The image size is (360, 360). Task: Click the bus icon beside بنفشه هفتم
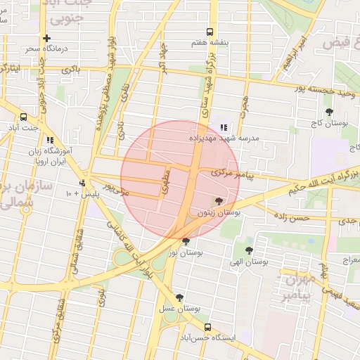click(210, 32)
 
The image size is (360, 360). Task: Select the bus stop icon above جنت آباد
click(23, 117)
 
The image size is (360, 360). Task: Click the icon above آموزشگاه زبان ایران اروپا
click(50, 140)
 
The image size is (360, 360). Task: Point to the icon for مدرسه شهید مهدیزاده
click(224, 127)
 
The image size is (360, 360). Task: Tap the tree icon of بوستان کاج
click(329, 112)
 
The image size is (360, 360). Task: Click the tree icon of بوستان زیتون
click(218, 201)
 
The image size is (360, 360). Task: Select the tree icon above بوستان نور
click(186, 241)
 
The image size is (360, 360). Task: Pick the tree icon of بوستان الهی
click(249, 250)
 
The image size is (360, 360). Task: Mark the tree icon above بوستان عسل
click(180, 297)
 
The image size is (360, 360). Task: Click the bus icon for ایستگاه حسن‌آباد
click(207, 326)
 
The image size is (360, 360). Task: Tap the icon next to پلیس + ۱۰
click(82, 183)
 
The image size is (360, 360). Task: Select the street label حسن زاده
click(292, 219)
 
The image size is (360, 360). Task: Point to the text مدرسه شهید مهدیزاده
click(224, 139)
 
